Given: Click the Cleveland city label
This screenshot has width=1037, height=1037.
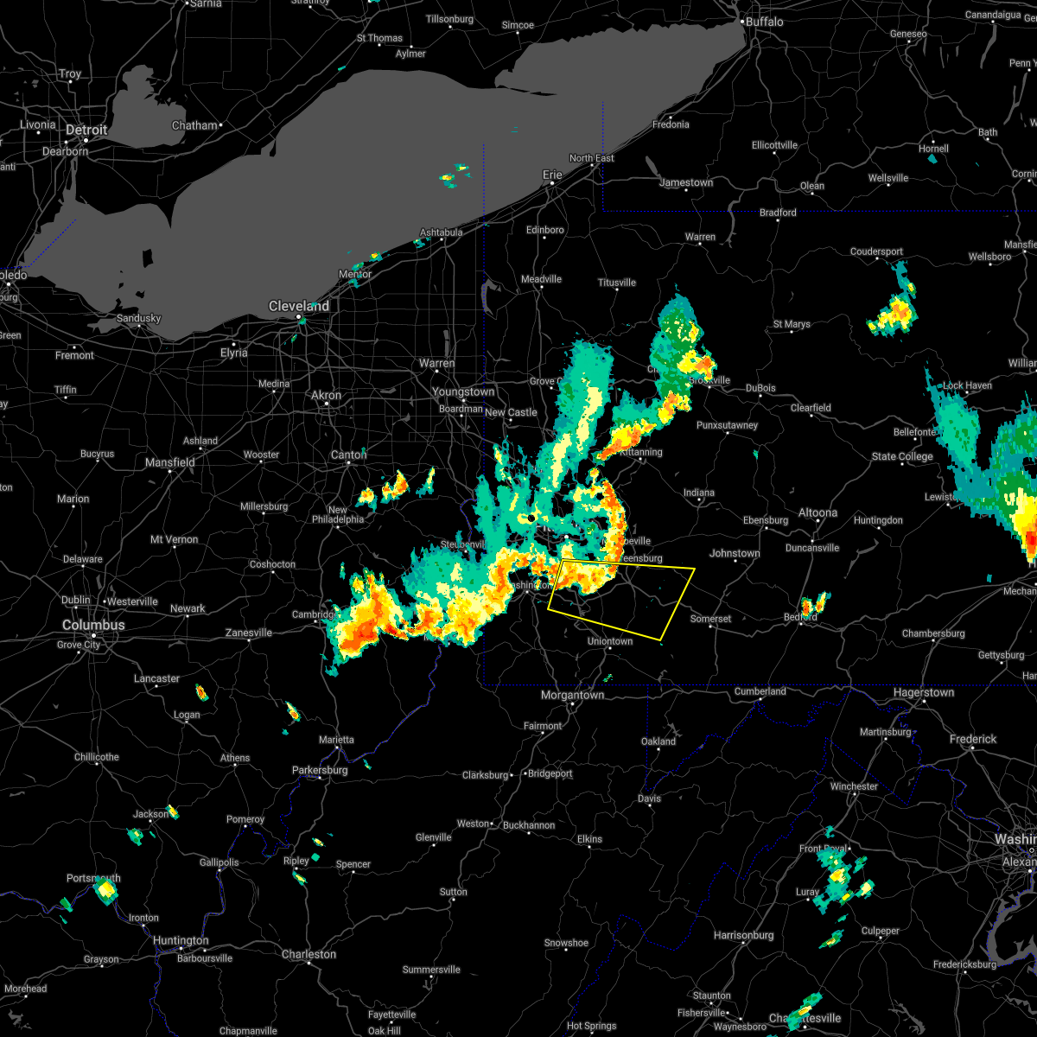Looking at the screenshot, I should [x=299, y=306].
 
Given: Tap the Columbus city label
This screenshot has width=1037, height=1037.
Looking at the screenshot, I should [x=93, y=625].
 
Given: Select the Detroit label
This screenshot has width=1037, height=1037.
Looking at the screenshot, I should [x=87, y=130].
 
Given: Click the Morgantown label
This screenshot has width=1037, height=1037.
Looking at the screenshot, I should [x=572, y=695].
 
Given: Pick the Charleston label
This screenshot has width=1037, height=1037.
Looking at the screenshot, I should [x=309, y=954].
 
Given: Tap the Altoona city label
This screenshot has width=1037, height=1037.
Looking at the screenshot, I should [x=818, y=512].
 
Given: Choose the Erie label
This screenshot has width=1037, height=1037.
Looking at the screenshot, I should [x=552, y=175].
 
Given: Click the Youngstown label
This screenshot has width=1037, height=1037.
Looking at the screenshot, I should [x=464, y=391].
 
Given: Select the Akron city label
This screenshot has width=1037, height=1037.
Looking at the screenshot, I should [x=327, y=395].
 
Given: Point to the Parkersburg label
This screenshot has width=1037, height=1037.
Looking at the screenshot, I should [x=319, y=770].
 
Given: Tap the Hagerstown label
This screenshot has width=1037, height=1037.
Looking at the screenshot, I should [x=924, y=692].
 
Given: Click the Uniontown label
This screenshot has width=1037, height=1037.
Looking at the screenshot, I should [x=610, y=641].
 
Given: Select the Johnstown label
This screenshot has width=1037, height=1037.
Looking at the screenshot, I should [x=735, y=553].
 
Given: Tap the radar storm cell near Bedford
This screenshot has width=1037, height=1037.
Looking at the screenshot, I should [x=813, y=604].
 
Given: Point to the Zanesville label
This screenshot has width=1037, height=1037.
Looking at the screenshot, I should [x=249, y=633].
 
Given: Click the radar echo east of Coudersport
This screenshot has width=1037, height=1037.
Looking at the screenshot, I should [x=894, y=311].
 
